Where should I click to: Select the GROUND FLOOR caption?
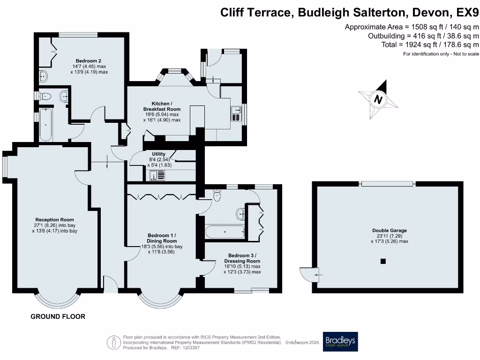click(x=58, y=316)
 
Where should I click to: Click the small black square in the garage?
click(x=383, y=261)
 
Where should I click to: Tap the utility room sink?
click(x=157, y=176)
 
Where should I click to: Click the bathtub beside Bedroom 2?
click(x=45, y=125)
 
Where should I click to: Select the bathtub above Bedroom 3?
click(x=225, y=232)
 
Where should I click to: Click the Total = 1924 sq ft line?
click(x=430, y=45)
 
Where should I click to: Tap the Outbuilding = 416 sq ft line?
click(x=424, y=36)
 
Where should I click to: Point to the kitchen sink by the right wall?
click(x=237, y=113)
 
